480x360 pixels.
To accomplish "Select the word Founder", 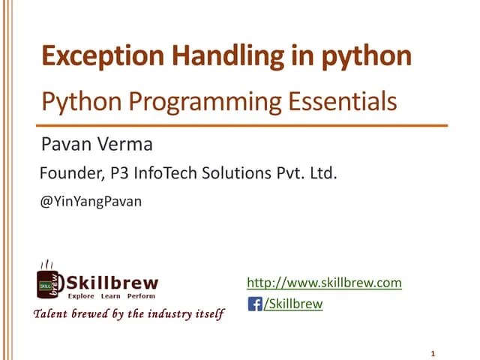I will (67, 175).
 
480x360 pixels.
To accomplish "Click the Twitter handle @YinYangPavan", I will (90, 201).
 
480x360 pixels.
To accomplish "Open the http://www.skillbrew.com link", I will (324, 283).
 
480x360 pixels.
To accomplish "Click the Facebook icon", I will (255, 304).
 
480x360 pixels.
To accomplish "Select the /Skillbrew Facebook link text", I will (293, 304).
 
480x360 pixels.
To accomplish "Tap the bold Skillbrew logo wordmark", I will (112, 283).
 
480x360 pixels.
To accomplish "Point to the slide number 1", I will (433, 353).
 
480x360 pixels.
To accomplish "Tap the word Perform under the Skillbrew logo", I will (140, 296).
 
